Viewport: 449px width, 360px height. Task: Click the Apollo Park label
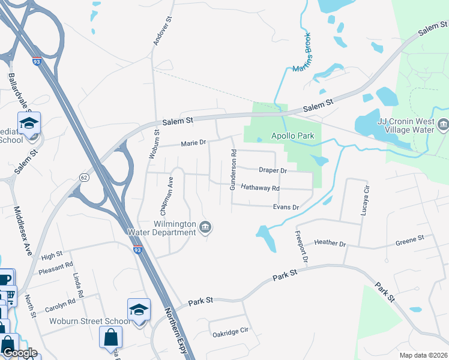[292, 136]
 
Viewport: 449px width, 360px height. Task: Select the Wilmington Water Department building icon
[206, 227]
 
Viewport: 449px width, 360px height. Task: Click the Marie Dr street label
[193, 143]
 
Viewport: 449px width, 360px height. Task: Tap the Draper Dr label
[273, 170]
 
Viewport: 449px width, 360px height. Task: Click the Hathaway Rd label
[260, 188]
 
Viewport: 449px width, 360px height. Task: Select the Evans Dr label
[286, 207]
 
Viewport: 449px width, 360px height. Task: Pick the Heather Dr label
[330, 244]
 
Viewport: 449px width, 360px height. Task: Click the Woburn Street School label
[80, 321]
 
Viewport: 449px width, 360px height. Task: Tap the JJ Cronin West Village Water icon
[443, 125]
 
